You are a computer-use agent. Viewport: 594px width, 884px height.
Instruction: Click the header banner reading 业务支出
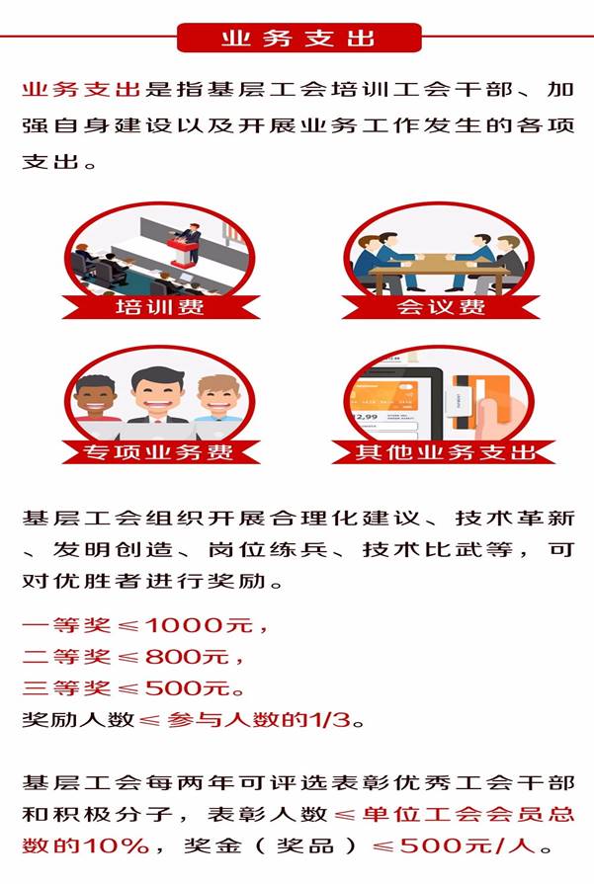click(x=298, y=38)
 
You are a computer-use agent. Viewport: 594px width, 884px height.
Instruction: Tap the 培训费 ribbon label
click(x=160, y=307)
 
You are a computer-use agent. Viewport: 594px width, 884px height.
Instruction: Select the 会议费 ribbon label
click(x=441, y=307)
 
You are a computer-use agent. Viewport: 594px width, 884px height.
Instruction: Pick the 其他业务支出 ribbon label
click(x=444, y=451)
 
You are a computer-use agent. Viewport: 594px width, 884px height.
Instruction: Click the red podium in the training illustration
click(x=182, y=252)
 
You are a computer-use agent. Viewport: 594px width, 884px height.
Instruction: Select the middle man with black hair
click(x=157, y=395)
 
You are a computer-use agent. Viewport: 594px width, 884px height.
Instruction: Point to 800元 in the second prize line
click(x=187, y=657)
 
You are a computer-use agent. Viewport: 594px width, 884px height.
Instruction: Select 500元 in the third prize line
click(x=187, y=688)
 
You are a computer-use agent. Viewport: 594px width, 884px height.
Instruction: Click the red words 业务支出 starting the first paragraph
click(x=81, y=90)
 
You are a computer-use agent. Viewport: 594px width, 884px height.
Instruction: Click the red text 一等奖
click(x=66, y=625)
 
